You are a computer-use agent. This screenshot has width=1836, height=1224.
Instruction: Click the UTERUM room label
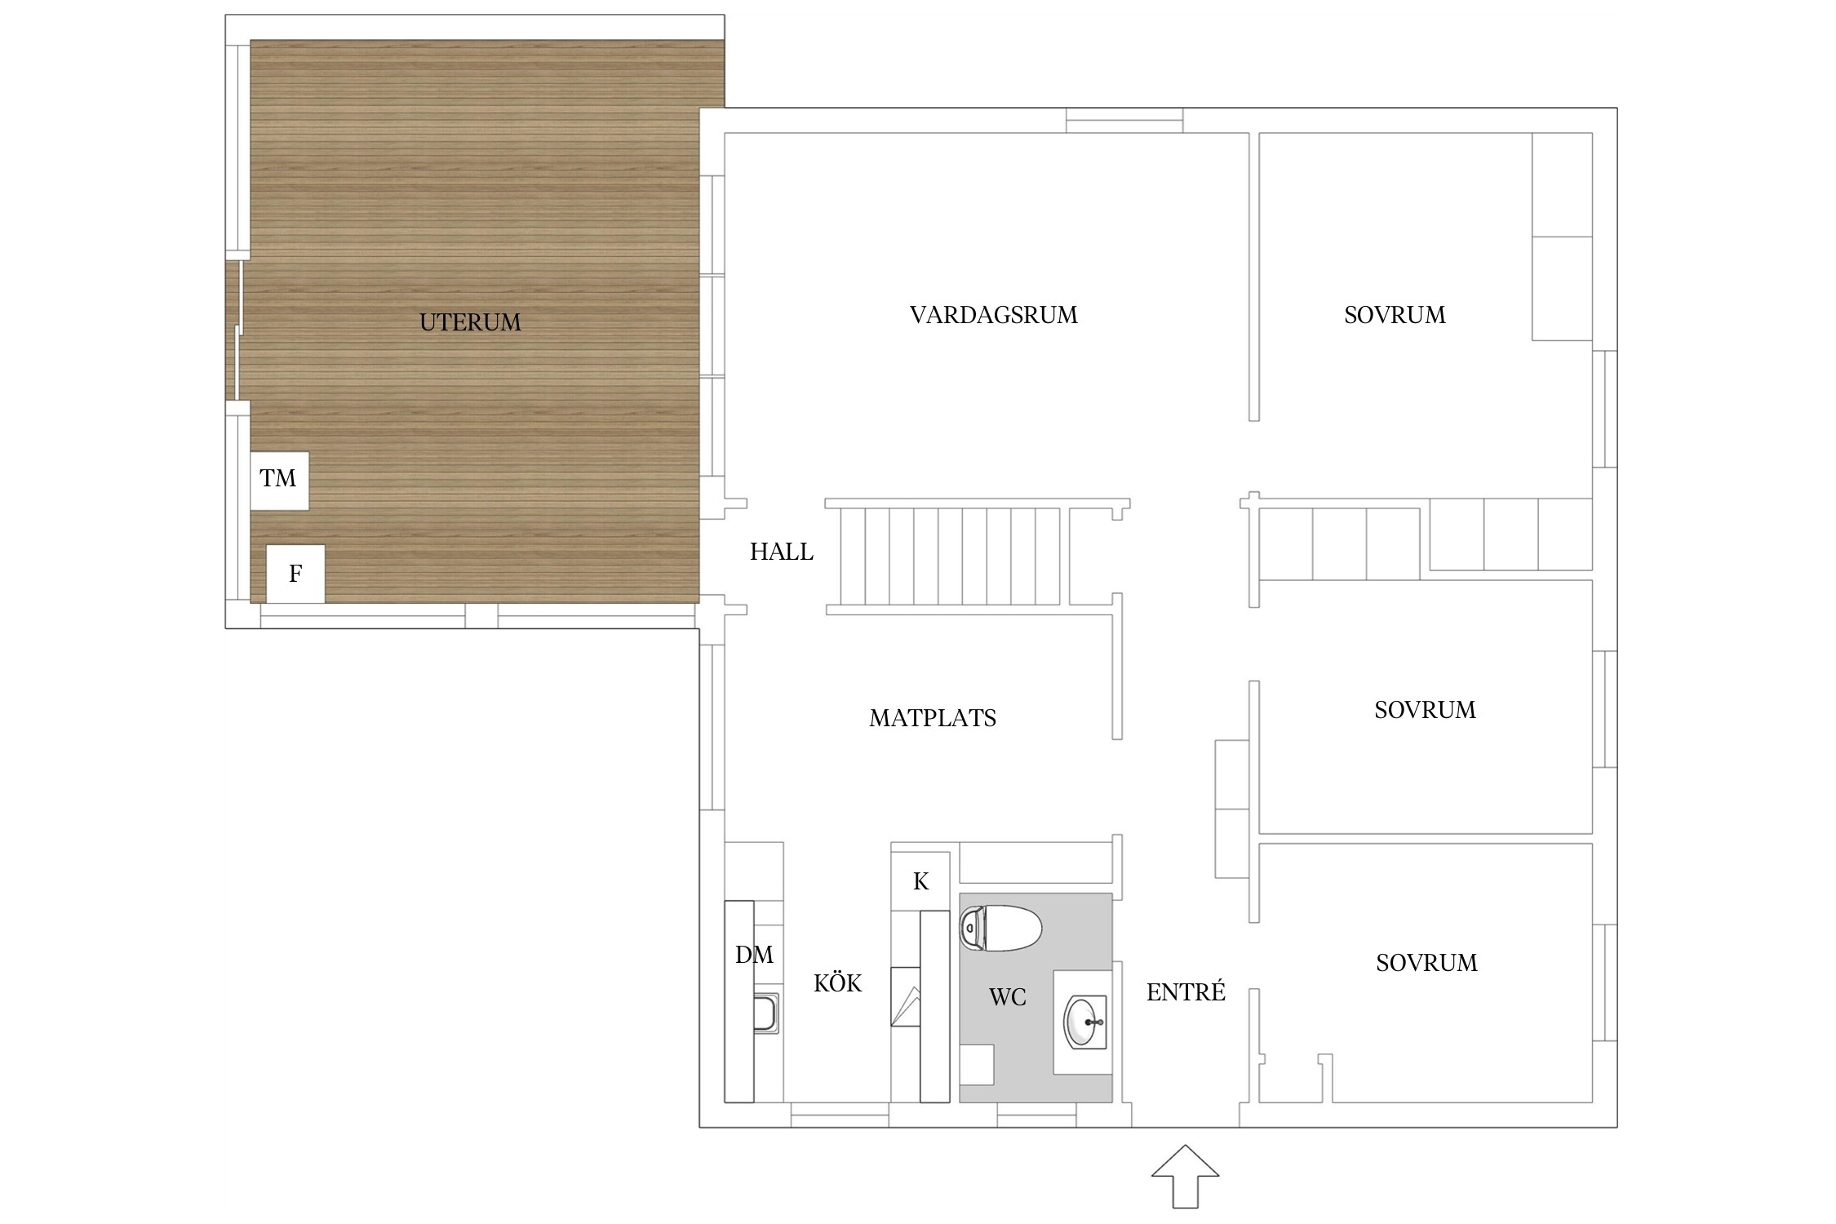[x=470, y=322]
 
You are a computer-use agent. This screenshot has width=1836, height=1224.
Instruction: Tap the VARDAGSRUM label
[x=994, y=315]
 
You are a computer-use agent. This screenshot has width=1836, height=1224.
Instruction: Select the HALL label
[x=782, y=552]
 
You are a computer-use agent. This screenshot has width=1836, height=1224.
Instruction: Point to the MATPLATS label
[x=933, y=718]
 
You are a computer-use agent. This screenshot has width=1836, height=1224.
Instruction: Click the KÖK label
[x=838, y=982]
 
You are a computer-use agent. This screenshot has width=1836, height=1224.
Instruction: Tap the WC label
[x=1008, y=996]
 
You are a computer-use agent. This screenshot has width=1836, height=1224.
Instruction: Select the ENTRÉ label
[x=1186, y=991]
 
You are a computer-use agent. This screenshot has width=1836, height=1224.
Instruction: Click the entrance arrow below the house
[x=1185, y=1176]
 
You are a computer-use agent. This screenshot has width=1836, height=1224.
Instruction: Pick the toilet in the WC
[x=1001, y=929]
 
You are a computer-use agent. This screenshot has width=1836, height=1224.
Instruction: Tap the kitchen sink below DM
[x=765, y=1013]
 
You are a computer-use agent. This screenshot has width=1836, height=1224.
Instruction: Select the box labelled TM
[x=279, y=481]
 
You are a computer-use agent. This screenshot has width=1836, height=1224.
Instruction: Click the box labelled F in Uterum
[x=295, y=574]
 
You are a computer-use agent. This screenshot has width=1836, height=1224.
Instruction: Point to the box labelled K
[x=920, y=881]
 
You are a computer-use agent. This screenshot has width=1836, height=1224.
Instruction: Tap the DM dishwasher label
[x=754, y=955]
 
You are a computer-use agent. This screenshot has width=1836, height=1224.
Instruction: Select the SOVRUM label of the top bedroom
[x=1395, y=315]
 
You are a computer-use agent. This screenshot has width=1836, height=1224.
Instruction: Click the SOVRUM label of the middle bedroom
[x=1425, y=710]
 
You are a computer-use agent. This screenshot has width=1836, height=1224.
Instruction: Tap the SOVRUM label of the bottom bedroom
[x=1426, y=963]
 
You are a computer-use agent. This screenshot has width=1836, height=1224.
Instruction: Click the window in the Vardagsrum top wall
[x=1124, y=120]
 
